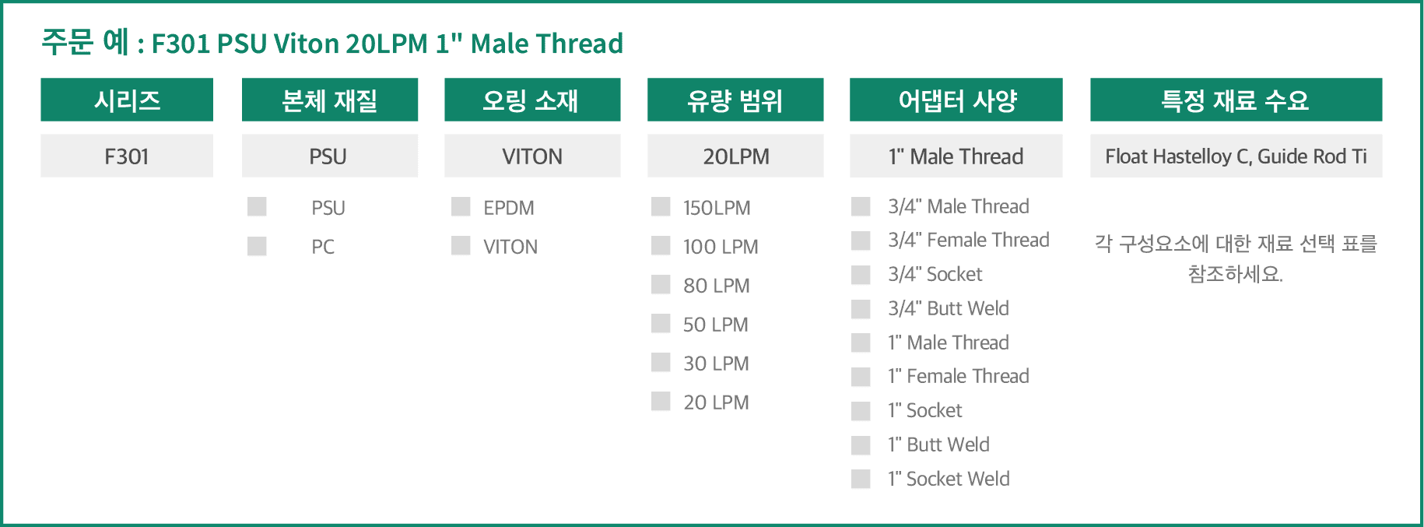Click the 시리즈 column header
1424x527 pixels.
coord(127,100)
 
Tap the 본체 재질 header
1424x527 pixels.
coord(330,100)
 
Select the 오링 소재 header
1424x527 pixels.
coord(532,100)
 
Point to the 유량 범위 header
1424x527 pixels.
coord(735,100)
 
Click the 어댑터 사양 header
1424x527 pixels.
coord(956,100)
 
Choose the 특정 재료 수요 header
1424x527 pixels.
coord(1236,100)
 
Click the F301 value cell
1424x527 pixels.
coord(127,156)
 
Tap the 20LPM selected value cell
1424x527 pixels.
coord(735,156)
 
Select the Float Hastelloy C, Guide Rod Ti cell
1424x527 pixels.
coord(1236,156)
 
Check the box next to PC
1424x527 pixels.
coord(257,246)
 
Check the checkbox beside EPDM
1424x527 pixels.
coord(461,206)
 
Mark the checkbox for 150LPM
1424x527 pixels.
coord(661,206)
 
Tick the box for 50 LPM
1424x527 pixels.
coord(661,323)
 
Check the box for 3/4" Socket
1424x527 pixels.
coord(861,275)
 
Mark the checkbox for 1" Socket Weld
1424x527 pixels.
coord(861,479)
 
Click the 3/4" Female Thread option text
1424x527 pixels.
coord(969,240)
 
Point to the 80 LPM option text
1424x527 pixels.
coord(716,286)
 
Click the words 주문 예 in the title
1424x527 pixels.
coord(85,41)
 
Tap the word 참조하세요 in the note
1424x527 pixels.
coord(1236,274)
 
